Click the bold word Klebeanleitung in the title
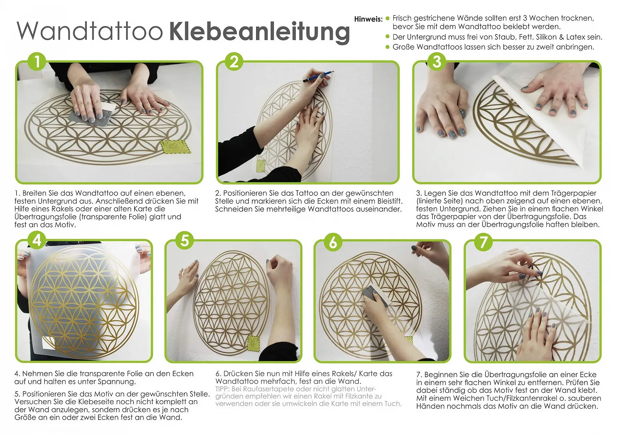coord(259,32)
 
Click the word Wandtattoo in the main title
coord(90,30)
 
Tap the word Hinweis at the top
coord(368,19)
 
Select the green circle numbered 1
coord(37,61)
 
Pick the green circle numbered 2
coord(234,61)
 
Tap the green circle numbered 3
coord(437,61)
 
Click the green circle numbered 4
coord(37,240)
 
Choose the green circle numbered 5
coord(185,240)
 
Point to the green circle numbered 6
coord(333,242)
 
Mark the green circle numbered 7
coord(483,242)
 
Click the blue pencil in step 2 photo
coord(318,76)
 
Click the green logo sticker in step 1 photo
coord(175,147)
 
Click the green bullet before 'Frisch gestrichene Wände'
coord(388,19)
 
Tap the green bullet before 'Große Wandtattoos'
coord(388,47)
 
